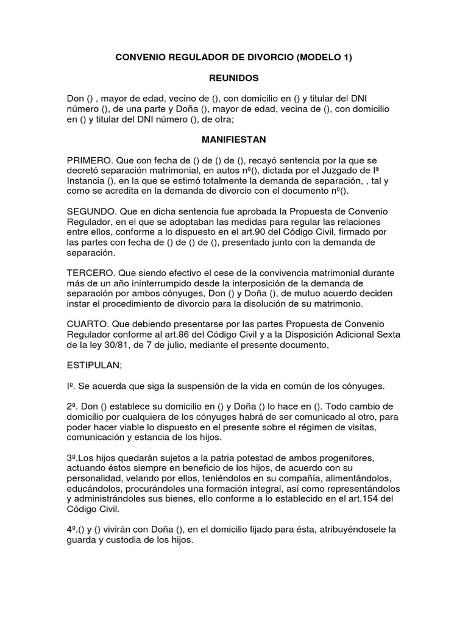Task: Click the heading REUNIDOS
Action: pos(234,78)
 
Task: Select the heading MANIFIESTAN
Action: pos(234,140)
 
